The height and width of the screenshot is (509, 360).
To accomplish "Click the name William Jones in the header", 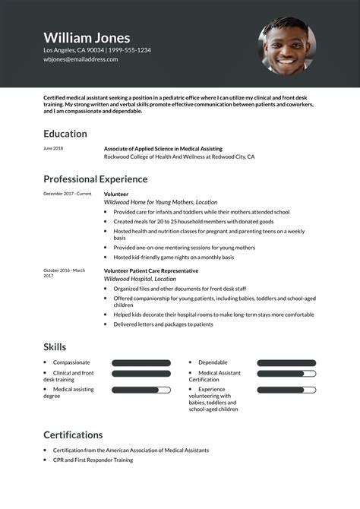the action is [87, 37].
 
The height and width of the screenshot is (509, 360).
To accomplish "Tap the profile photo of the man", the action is [287, 46].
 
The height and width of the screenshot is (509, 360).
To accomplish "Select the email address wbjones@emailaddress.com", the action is [81, 59].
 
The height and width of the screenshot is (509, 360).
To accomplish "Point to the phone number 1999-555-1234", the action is [128, 50].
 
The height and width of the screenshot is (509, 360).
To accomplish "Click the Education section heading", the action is [65, 134].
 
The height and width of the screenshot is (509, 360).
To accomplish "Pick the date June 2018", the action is [53, 148].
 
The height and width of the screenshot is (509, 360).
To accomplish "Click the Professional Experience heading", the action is [95, 179].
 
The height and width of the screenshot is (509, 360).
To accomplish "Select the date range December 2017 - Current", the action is [67, 194].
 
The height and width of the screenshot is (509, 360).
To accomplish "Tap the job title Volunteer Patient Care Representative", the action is [151, 270].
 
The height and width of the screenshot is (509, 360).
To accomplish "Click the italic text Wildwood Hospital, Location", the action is [134, 279].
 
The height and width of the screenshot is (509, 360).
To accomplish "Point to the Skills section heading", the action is [55, 347].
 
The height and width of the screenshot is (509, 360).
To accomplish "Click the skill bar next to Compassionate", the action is [141, 363].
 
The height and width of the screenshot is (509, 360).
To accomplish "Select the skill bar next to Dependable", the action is [286, 363].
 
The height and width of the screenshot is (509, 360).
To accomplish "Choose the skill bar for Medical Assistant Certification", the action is [286, 374].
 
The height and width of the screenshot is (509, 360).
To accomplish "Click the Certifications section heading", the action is [73, 435].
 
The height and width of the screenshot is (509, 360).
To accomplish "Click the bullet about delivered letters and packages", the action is [163, 324].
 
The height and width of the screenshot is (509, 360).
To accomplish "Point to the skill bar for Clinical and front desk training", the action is [141, 374].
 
